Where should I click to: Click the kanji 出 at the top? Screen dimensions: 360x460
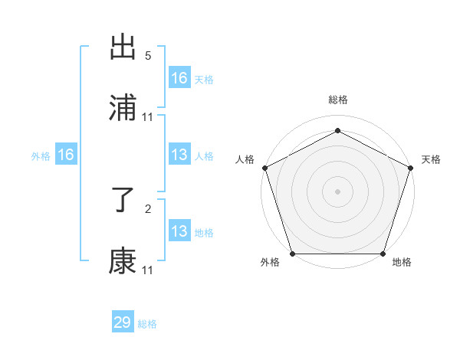123,48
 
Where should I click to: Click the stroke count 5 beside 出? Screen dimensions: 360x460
148,56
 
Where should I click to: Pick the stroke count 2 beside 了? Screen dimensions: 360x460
148,208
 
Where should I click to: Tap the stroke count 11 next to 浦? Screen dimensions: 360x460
148,117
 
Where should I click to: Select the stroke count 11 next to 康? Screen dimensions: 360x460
148,270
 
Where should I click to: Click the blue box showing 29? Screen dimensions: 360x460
123,322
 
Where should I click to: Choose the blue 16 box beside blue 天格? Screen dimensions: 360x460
179,77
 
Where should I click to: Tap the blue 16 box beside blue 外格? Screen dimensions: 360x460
66,155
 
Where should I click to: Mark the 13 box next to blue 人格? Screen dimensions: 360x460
179,155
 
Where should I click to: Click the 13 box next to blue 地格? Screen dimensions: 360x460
179,231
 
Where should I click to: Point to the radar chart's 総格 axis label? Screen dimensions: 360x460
337,100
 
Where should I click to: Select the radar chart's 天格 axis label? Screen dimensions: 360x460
431,159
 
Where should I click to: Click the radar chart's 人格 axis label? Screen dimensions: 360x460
245,159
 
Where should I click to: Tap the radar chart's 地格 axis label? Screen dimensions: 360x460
402,263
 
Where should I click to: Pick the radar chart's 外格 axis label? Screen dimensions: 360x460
270,263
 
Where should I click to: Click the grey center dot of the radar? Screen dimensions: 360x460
337,191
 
